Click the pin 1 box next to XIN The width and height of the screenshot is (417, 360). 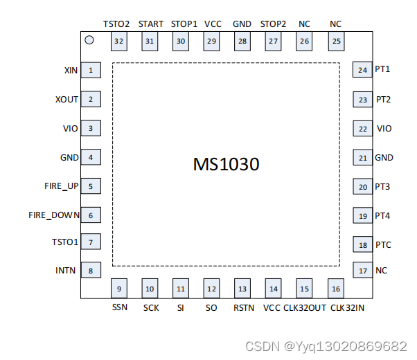[90, 70]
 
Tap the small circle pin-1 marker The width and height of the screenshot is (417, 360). [89, 40]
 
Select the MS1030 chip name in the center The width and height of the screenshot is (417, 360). [226, 165]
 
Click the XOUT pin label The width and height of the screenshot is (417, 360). [66, 99]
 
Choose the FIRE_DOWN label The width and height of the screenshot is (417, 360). [54, 215]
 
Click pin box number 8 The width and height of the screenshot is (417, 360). [90, 270]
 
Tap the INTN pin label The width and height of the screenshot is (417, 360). [66, 270]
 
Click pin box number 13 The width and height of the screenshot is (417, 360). [242, 289]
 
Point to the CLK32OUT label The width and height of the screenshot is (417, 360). [305, 307]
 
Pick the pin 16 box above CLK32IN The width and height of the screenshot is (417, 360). [336, 289]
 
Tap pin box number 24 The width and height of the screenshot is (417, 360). [362, 70]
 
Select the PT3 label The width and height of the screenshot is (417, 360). [382, 187]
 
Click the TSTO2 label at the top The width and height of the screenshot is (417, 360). [116, 24]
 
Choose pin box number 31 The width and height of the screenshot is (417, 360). [150, 41]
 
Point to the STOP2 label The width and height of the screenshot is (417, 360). [273, 24]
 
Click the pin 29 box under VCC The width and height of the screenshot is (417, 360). [211, 41]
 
